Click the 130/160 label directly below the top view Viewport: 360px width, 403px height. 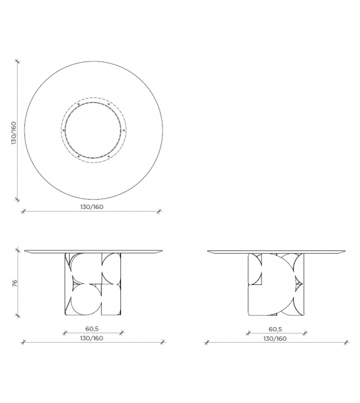click(92, 207)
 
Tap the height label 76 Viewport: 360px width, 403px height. click(13, 283)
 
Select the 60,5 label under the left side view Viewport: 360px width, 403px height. click(92, 328)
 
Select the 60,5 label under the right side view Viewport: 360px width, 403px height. click(276, 328)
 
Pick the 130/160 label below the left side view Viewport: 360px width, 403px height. click(92, 338)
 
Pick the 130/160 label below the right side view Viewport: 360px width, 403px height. click(277, 338)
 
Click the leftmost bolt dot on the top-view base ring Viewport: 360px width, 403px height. click(64, 130)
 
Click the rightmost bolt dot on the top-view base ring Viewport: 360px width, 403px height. click(124, 130)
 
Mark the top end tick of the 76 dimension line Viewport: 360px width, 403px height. click(18, 250)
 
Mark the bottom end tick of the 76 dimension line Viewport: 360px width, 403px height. click(18, 315)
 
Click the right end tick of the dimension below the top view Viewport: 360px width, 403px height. click(159, 211)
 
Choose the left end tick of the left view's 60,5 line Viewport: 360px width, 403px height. click(64, 333)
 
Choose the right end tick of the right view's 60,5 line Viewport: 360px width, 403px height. click(305, 333)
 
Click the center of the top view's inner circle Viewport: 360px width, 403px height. click(94, 130)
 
